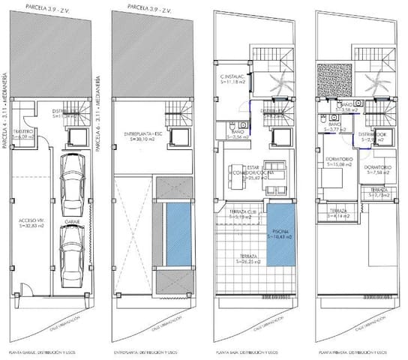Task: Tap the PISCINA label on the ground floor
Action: [281, 235]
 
